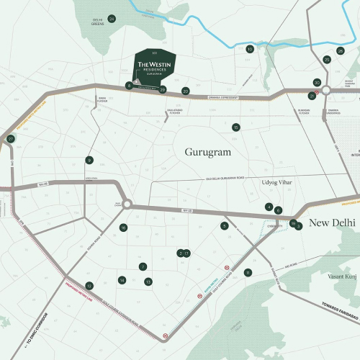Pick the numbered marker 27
point(10,138)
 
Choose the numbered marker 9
point(89,160)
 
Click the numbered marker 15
point(235,127)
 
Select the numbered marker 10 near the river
point(250,49)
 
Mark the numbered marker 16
point(124,228)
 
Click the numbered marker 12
point(89,286)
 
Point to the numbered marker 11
point(248,272)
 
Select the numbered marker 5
point(225,225)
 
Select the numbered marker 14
point(122,280)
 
